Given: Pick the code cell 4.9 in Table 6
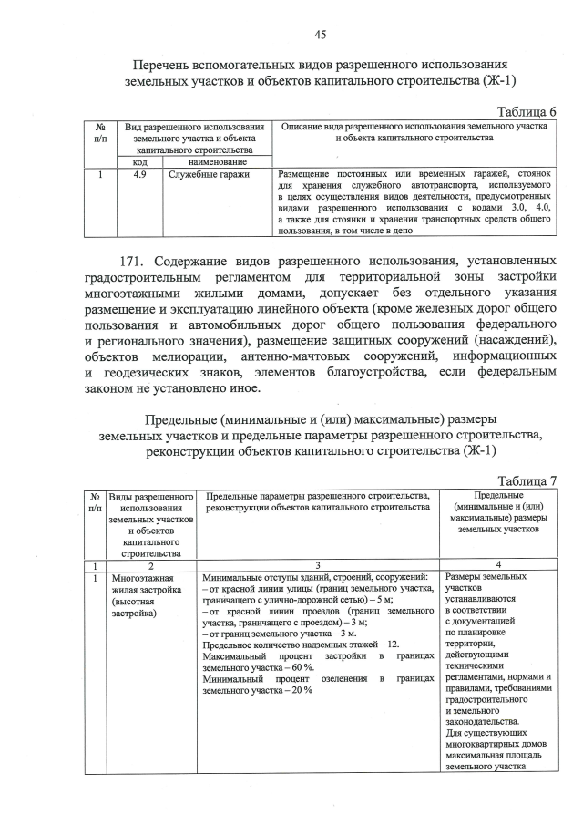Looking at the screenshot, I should (x=139, y=172).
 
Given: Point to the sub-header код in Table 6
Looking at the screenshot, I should (x=139, y=160).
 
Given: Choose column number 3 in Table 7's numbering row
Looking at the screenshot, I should (x=319, y=564).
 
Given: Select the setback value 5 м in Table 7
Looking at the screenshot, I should (x=383, y=600).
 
